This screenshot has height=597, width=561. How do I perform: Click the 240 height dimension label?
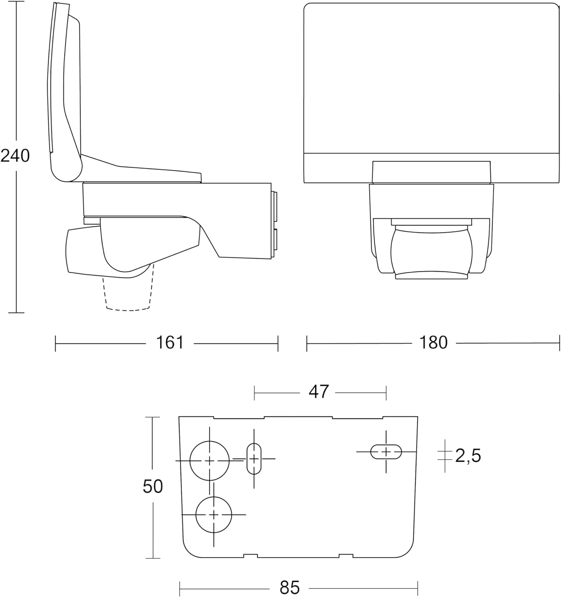15,156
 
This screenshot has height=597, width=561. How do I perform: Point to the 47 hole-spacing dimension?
319,392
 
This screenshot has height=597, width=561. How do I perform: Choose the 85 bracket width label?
290,587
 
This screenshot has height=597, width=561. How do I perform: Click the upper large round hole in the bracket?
209,460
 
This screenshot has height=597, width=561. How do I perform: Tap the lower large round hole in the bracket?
213,515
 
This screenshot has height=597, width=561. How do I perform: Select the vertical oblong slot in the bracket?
254,459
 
